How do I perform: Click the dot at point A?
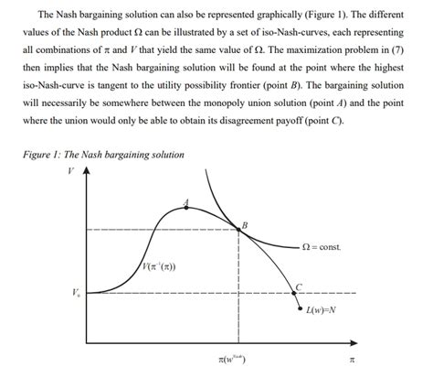tap(187, 207)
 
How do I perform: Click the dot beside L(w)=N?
tap(300, 308)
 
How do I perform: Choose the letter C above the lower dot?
tap(298, 285)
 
